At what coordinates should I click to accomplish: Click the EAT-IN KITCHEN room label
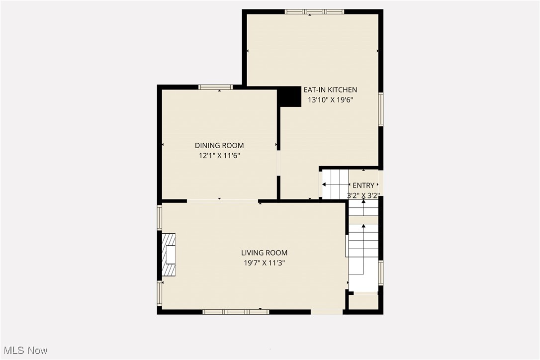[330, 90]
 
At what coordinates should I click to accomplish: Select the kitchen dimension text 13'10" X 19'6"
[330, 99]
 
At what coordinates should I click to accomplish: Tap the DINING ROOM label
[219, 146]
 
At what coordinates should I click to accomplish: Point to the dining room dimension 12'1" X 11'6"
[219, 155]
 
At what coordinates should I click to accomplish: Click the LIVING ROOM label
[264, 253]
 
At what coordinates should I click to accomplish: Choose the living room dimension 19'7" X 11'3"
[264, 263]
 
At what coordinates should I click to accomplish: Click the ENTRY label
[363, 185]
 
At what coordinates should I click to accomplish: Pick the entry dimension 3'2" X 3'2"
[363, 195]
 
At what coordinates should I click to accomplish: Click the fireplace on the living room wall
[169, 255]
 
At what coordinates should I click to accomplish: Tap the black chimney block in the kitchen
[289, 96]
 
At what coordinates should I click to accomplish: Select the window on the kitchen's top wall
[314, 11]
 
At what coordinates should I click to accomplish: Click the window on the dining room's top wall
[215, 87]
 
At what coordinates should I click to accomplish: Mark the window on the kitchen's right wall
[381, 109]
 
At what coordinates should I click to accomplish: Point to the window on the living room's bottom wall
[236, 312]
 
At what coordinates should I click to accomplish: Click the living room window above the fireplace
[160, 218]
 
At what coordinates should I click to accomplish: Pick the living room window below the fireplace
[160, 293]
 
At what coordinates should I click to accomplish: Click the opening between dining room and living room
[222, 201]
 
